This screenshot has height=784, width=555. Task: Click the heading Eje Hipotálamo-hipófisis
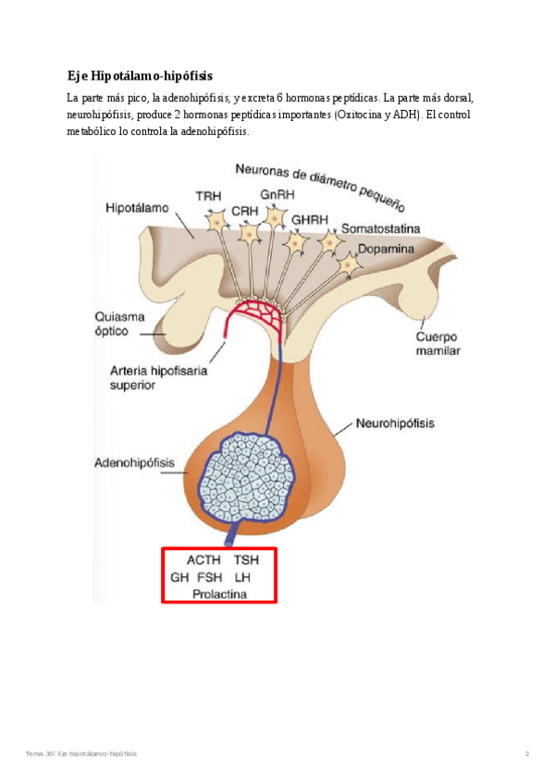tap(146, 76)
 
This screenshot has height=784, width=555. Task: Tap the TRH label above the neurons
tap(208, 197)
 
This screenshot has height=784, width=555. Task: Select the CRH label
tap(244, 211)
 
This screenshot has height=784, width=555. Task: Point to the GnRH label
tap(277, 195)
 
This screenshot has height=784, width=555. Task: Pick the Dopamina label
tap(386, 250)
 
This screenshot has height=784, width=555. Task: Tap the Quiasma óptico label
tap(118, 324)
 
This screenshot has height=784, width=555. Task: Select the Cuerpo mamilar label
tap(438, 344)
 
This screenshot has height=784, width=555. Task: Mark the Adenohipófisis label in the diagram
tap(134, 460)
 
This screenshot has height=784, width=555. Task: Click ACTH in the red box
tap(203, 560)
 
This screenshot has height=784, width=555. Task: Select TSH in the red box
tap(246, 560)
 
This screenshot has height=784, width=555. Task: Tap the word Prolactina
tap(220, 594)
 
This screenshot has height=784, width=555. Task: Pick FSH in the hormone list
tap(211, 577)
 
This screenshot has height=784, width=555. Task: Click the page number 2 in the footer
tap(527, 754)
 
